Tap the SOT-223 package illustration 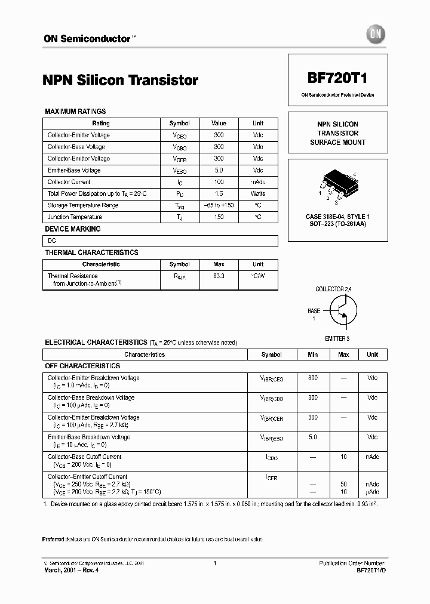pos(337,181)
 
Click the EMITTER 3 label pos(337,338)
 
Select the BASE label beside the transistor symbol pos(314,311)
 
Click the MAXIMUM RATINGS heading pos(76,112)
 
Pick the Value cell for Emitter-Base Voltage pos(219,170)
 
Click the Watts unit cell pos(258,193)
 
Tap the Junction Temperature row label pos(75,217)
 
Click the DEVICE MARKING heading pos(73,229)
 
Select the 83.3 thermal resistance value pos(219,276)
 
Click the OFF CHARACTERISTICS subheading pos(82,366)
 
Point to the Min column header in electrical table pos(312,355)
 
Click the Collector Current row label pos(69,182)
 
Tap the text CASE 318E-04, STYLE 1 pos(337,216)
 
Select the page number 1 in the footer pos(214,563)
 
